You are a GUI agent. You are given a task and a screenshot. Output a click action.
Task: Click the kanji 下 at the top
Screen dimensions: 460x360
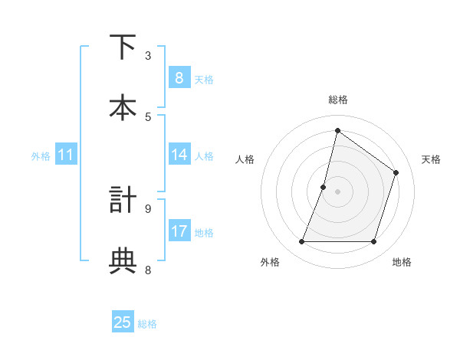123,47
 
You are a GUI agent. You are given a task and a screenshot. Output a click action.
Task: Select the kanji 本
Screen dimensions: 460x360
123,106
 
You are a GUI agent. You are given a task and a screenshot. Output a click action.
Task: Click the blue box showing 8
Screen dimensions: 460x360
179,77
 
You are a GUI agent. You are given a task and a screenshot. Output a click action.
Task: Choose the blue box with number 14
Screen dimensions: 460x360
179,155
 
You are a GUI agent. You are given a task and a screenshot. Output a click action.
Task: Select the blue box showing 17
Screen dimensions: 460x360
179,231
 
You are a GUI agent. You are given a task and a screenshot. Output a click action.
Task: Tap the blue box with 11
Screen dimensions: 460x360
66,155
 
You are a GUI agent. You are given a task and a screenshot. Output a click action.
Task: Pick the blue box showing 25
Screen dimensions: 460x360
123,322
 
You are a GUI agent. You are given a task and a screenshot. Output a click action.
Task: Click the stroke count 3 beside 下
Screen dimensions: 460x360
148,55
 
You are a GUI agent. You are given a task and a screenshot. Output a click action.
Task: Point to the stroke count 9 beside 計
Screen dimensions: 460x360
148,208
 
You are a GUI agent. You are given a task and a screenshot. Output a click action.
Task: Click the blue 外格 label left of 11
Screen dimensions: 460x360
41,155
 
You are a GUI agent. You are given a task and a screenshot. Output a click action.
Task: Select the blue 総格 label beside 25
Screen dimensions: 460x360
147,323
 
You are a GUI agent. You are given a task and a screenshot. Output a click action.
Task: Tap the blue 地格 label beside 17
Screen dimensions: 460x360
204,232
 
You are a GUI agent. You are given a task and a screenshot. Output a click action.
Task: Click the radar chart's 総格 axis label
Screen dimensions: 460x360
338,100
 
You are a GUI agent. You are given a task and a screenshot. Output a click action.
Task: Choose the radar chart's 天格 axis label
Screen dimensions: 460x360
432,159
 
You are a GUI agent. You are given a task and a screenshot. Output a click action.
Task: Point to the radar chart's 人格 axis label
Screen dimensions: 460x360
245,159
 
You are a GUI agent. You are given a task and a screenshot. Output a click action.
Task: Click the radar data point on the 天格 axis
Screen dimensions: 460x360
396,172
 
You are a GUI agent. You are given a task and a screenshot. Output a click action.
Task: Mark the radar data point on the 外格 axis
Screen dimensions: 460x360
302,242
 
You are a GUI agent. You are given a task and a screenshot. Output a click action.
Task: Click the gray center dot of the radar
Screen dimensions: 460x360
338,191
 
